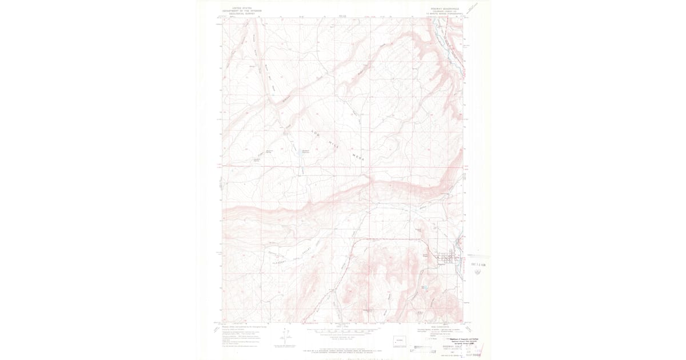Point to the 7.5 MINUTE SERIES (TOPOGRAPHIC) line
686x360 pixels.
point(447,14)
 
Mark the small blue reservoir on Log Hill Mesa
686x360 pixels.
point(298,154)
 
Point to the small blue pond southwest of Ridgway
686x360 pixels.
point(424,287)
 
